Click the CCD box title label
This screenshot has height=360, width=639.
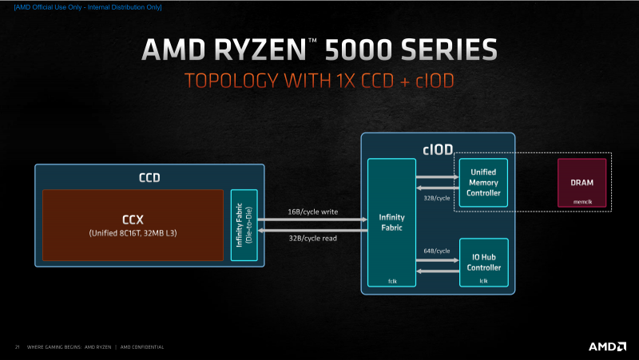point(149,176)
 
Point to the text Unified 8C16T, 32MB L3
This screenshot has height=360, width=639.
point(133,233)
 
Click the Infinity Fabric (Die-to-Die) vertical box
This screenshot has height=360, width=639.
point(244,225)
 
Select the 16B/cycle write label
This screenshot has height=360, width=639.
point(312,212)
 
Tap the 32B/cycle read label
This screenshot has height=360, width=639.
point(312,238)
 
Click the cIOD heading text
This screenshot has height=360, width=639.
point(438,148)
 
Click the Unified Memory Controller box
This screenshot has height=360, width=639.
point(483,183)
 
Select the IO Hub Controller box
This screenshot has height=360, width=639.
point(483,261)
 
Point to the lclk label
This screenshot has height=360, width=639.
point(483,281)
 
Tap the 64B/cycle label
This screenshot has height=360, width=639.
point(437,251)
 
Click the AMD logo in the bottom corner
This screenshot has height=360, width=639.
point(606,346)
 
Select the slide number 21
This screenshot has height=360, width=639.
point(17,347)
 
